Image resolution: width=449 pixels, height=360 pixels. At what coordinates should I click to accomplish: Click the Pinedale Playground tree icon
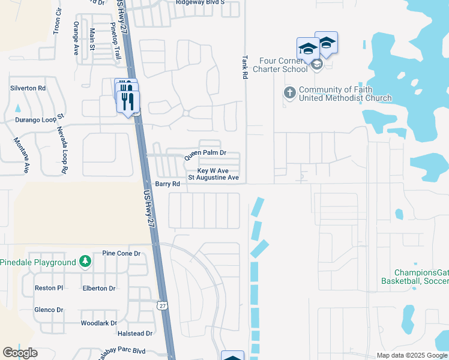click(85, 262)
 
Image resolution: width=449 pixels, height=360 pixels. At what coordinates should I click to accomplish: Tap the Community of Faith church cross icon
click(289, 92)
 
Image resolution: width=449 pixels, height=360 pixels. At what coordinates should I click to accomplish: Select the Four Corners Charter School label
click(283, 65)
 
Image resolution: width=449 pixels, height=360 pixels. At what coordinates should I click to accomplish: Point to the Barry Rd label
click(167, 184)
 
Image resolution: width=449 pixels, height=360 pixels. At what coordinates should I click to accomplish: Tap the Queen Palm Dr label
click(205, 154)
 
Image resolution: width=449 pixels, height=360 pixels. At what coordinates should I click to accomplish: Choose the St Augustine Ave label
click(214, 178)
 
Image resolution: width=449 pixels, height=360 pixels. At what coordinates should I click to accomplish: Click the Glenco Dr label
click(49, 310)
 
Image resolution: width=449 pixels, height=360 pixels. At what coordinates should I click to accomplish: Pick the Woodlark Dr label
click(99, 323)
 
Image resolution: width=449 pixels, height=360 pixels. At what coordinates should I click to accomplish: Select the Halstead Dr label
click(136, 334)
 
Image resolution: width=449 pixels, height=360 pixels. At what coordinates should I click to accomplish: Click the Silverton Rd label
click(28, 88)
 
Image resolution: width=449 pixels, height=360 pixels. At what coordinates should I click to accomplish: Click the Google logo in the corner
click(20, 353)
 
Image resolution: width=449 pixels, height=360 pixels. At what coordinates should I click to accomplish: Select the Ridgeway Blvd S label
click(200, 2)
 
